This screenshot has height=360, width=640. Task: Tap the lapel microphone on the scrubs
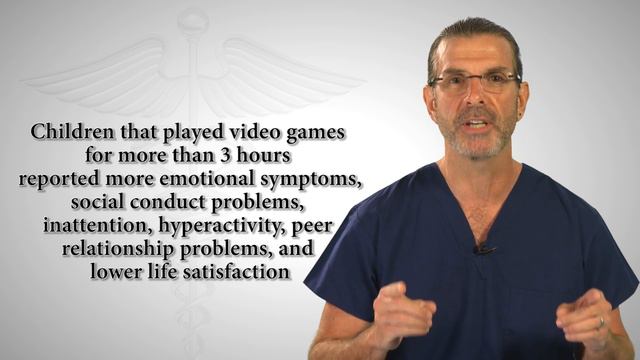click(x=484, y=247)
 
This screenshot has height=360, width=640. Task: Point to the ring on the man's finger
click(x=601, y=323)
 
